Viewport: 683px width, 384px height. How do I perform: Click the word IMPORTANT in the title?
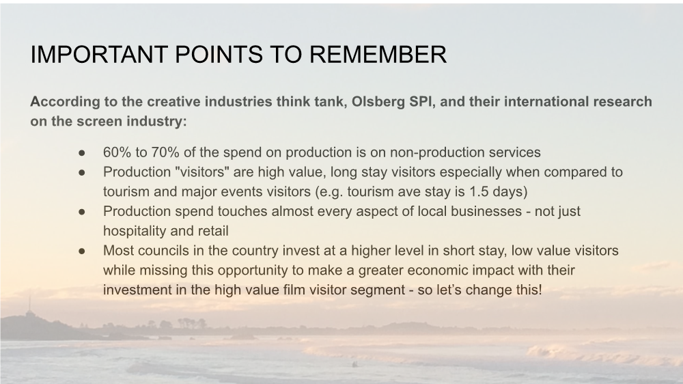tap(99, 55)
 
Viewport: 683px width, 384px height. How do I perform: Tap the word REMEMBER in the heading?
tap(378, 55)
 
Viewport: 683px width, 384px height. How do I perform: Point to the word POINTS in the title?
tap(219, 55)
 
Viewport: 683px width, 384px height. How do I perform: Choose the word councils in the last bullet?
tap(171, 251)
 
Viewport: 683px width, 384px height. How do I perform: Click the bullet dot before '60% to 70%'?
tap(82, 153)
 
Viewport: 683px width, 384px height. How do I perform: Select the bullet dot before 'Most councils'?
tap(82, 251)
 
